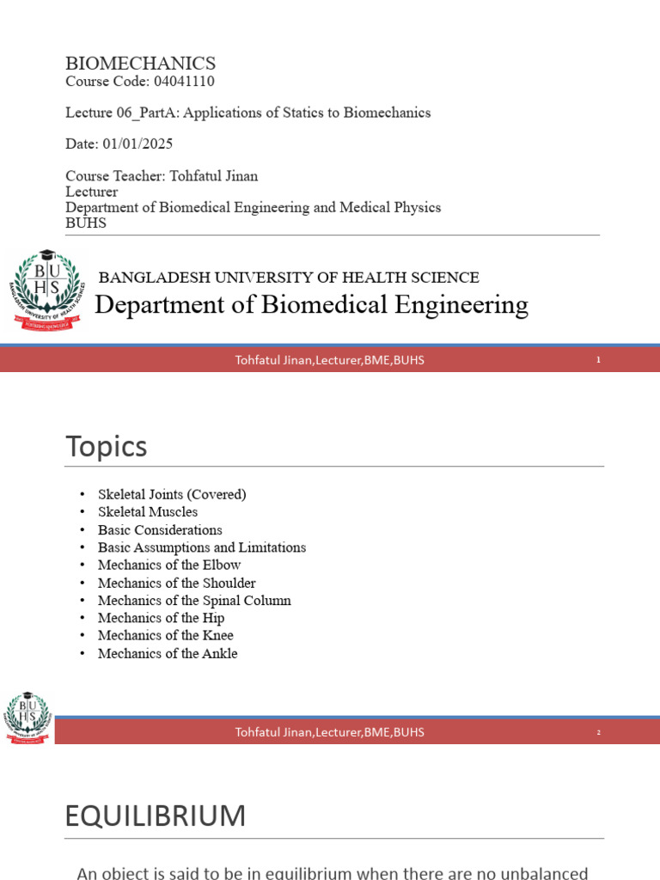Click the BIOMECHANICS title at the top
pos(140,64)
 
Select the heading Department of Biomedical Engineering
pos(310,304)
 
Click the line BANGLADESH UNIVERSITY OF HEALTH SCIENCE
pos(289,278)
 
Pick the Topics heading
pos(106,447)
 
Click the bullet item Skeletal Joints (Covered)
pos(172,494)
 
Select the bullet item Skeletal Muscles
pos(148,512)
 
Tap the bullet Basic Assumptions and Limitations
pos(202,547)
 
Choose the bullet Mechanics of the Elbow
pos(169,565)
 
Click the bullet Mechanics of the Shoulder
pos(177,583)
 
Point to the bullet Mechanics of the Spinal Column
pos(194,601)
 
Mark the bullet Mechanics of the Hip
pos(161,618)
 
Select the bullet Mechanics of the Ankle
pos(168,653)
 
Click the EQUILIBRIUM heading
pos(155,816)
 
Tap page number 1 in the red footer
pos(598,360)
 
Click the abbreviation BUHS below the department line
pos(86,223)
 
